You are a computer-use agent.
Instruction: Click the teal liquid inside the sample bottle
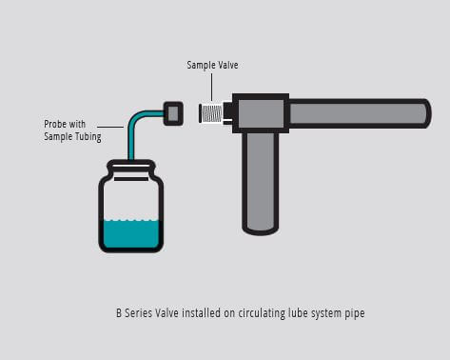131,233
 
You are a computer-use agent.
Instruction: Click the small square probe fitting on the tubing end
173,112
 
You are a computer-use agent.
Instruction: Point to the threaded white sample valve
214,114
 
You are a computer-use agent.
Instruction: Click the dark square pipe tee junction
260,113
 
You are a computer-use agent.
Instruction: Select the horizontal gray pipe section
358,113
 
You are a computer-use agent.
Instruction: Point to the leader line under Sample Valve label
211,86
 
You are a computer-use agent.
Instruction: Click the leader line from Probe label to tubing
114,126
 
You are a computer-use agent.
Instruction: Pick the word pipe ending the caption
354,312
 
